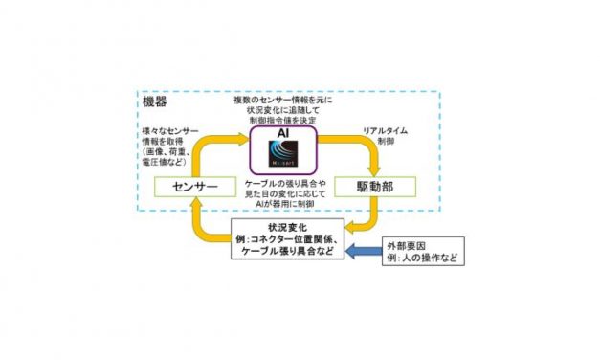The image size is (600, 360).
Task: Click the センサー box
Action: pos(189,185)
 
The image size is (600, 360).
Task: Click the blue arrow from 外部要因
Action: pos(364,252)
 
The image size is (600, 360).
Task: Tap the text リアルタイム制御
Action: pos(385,135)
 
